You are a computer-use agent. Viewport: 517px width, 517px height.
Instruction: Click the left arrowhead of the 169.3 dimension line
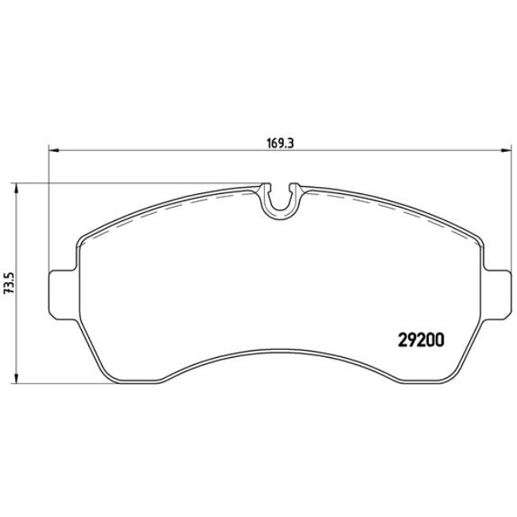[53, 150]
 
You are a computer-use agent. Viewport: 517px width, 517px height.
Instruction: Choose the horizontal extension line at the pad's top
[135, 183]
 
